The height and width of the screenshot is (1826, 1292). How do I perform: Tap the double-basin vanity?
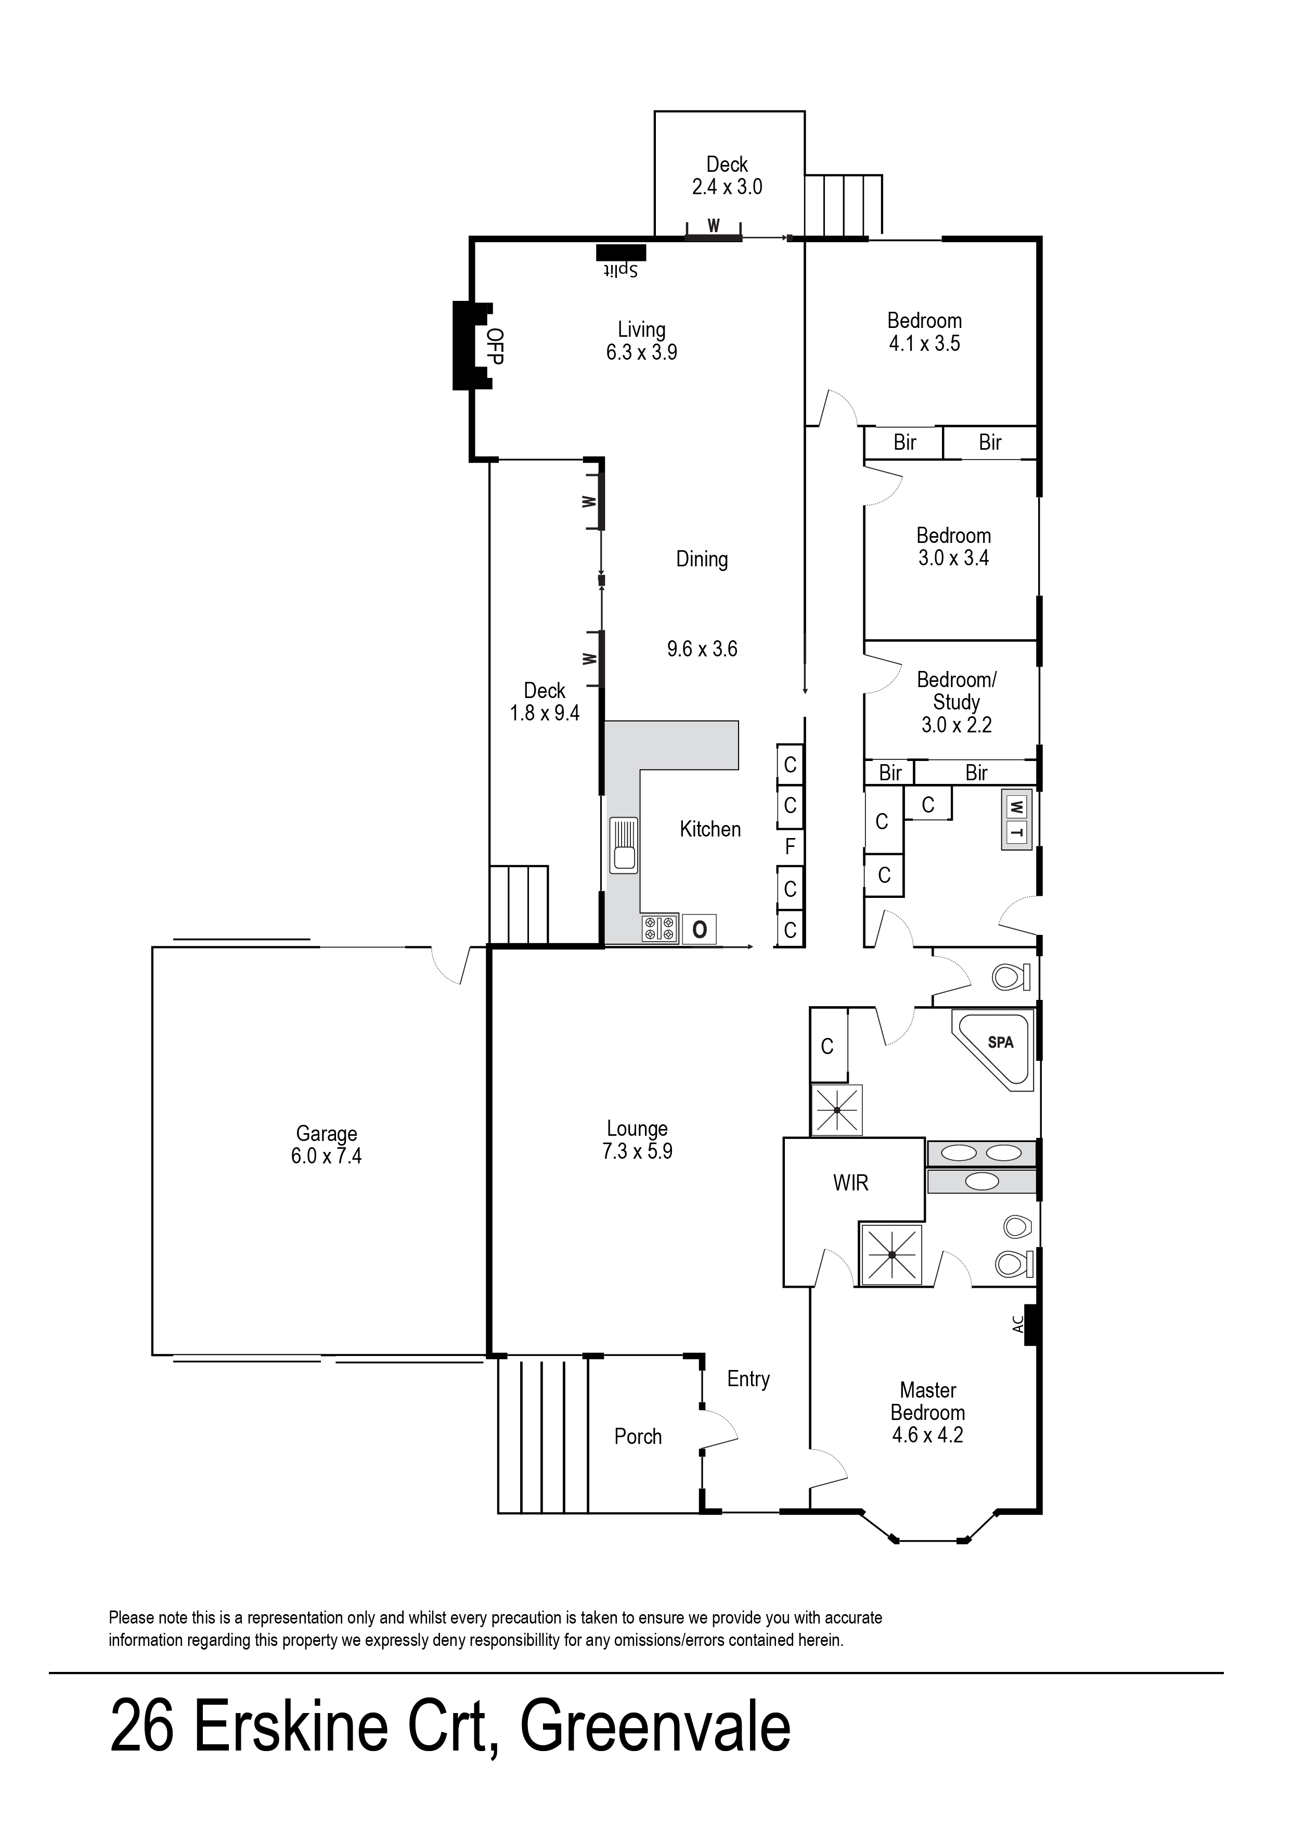coord(984,1152)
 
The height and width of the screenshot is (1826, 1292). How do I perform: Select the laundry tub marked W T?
coord(1016,821)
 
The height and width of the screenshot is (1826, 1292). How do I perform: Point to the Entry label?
coord(748,1379)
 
